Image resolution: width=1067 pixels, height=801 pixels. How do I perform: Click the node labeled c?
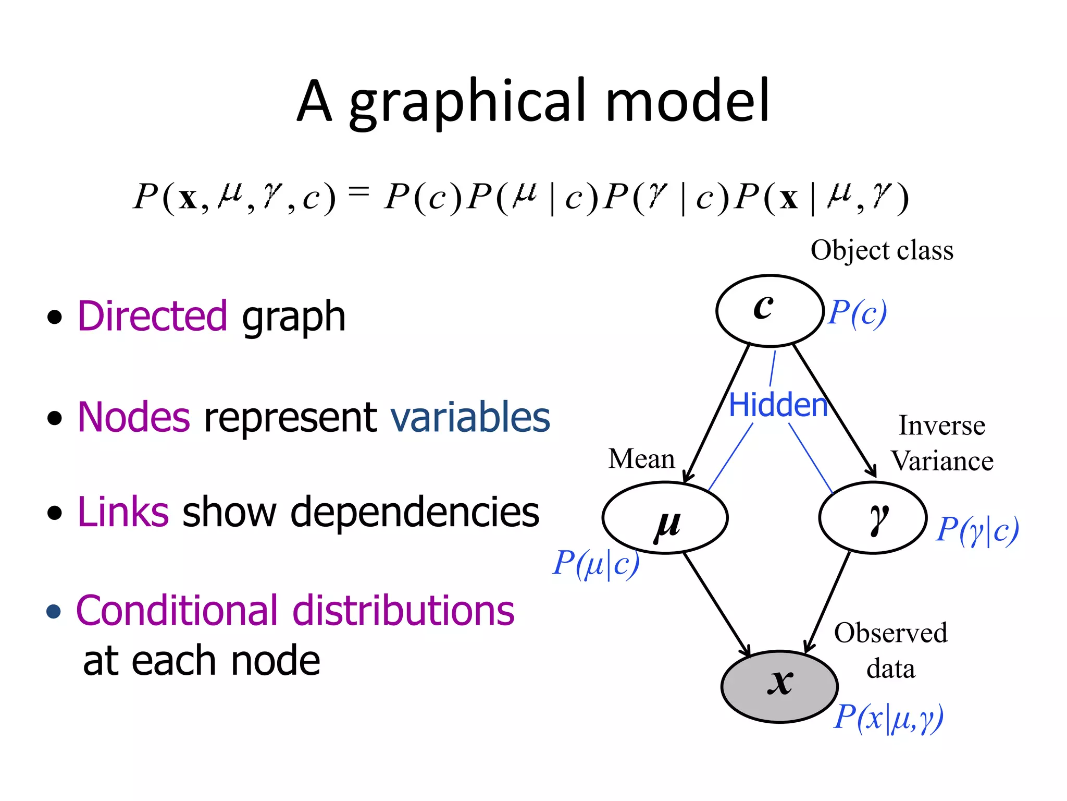770,310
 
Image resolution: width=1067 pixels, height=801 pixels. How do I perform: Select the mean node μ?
665,518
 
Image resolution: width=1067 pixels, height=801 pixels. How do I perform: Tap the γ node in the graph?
873,518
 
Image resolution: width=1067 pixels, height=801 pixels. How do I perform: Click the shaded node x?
779,686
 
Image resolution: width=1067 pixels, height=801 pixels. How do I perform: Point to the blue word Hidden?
778,405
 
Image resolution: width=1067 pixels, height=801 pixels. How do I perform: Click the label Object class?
882,250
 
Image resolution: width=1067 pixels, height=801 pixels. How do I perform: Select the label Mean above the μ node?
641,459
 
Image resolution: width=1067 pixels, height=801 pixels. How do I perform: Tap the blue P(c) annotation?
858,313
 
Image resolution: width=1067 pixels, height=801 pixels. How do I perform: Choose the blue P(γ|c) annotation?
977,530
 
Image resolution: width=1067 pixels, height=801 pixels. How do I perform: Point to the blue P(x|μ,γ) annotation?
888,717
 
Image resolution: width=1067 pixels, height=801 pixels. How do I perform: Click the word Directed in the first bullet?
152,316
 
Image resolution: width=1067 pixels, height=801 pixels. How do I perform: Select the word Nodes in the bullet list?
134,417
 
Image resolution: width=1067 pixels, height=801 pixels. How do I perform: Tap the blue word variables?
470,417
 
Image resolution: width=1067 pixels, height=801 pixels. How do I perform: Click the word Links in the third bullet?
123,512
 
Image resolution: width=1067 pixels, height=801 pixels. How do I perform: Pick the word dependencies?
415,512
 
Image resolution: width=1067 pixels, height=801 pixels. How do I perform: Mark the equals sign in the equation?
359,192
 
